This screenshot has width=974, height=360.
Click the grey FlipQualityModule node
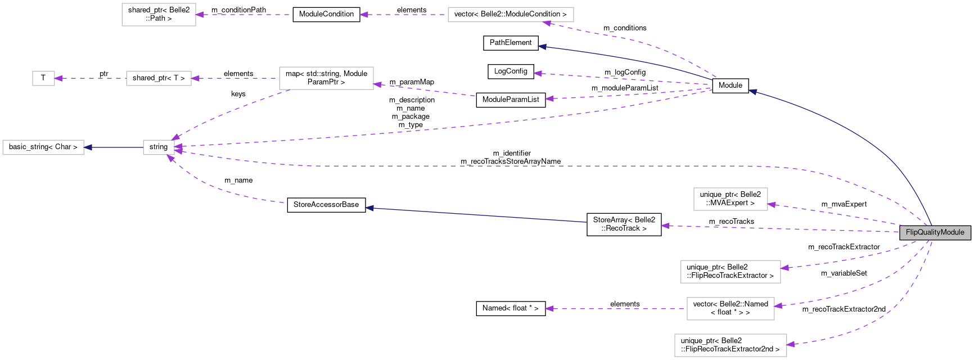(935, 232)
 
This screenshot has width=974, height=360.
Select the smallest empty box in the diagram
(43, 78)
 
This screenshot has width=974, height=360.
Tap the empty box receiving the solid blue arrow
(43, 147)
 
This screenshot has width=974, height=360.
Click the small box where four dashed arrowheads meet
(159, 147)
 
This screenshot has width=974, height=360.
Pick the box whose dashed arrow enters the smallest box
(159, 78)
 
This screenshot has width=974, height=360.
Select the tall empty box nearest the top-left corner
(159, 15)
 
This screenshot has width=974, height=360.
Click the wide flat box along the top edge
(510, 15)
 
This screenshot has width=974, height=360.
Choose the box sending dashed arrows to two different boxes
(326, 78)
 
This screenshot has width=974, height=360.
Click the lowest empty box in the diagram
(730, 345)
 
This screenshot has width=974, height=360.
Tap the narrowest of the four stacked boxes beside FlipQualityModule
(730, 199)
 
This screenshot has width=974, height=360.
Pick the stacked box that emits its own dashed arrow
(730, 309)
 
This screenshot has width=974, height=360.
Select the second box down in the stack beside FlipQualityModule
(730, 272)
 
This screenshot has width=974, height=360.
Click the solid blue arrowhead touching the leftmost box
(88, 147)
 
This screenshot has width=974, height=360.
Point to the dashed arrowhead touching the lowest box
(791, 344)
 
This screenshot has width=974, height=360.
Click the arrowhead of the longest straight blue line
(369, 208)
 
